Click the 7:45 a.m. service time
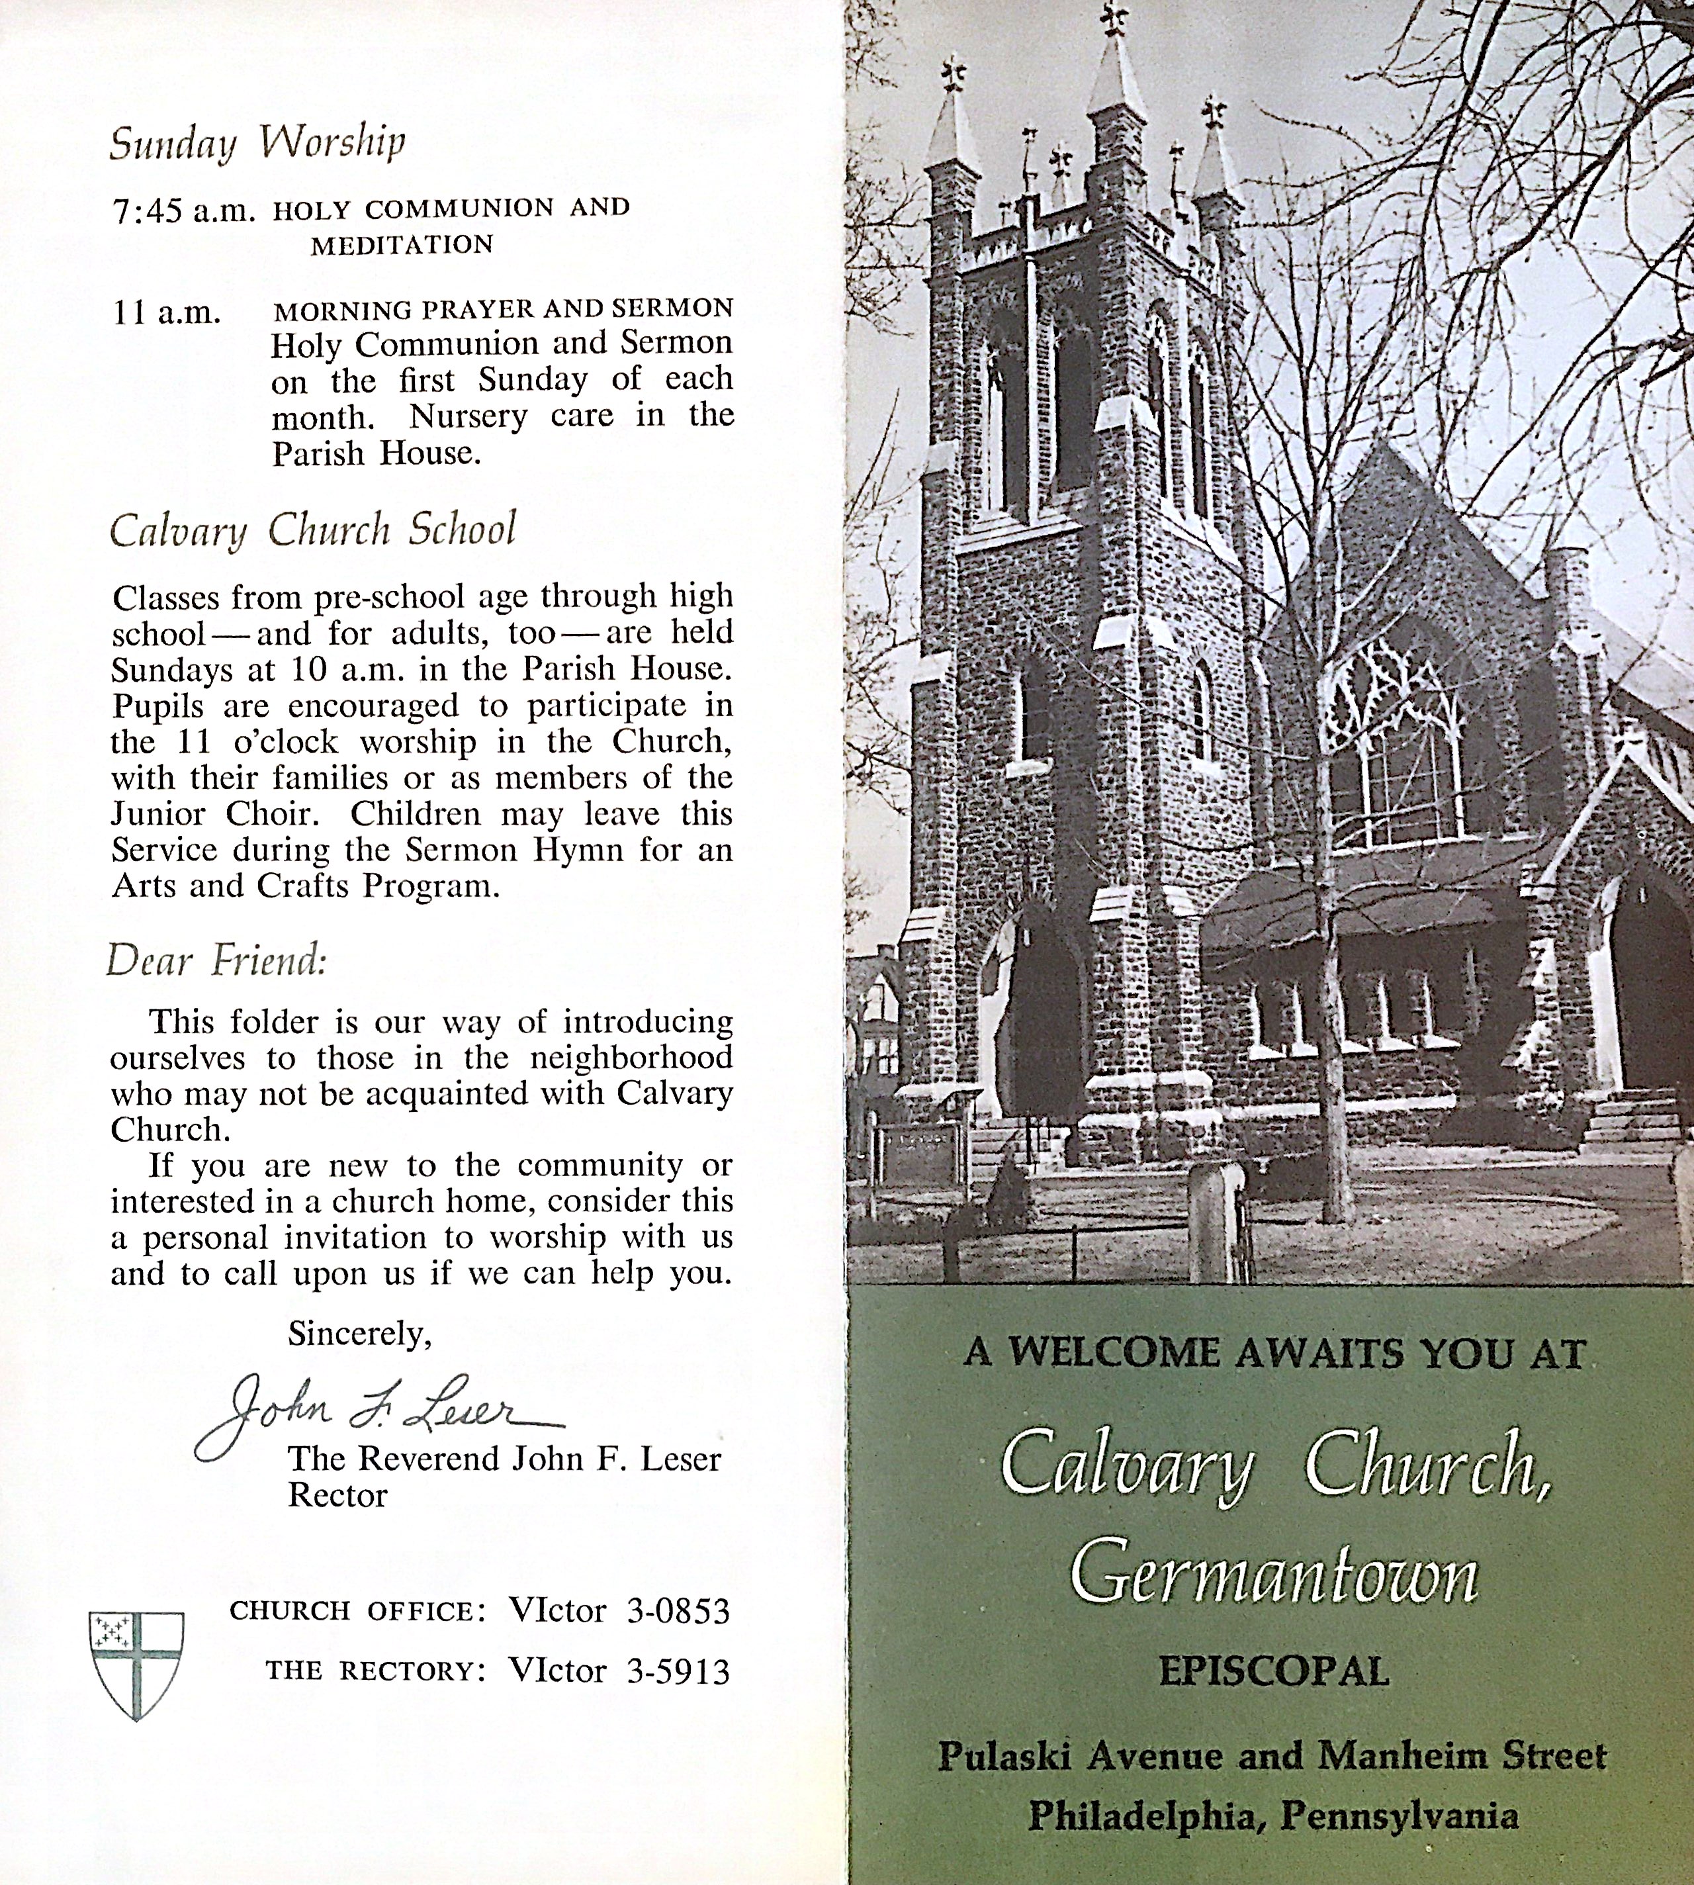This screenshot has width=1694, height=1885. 183,212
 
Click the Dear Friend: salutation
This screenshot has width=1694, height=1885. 216,960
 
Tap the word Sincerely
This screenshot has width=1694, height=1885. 359,1334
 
